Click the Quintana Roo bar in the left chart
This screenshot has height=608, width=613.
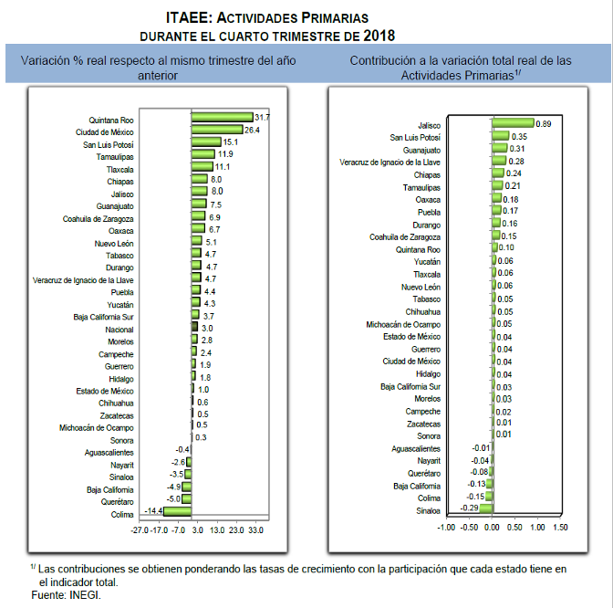tap(222, 118)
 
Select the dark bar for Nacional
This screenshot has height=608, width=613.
tap(194, 327)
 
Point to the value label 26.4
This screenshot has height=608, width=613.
tap(253, 131)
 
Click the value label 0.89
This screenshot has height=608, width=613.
tap(544, 123)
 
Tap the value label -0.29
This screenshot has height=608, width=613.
tap(469, 508)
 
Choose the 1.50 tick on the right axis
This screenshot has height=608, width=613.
tap(559, 527)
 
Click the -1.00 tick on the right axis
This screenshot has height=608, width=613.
tap(445, 527)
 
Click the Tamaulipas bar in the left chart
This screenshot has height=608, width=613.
tap(203, 154)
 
